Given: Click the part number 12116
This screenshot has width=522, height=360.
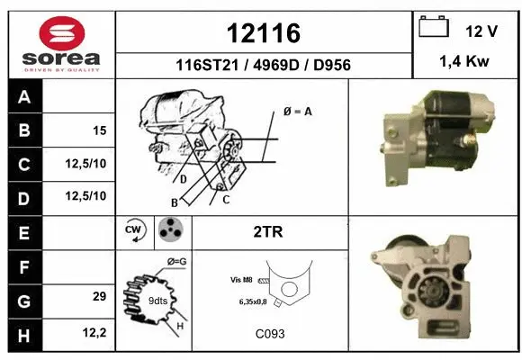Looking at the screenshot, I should [263, 33].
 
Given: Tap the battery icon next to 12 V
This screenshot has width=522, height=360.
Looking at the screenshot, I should [435, 29].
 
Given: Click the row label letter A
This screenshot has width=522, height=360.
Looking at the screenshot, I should [24, 97].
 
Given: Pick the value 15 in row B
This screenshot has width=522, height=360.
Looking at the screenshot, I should [99, 130].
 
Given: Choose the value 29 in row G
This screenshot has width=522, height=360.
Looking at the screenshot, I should [99, 296].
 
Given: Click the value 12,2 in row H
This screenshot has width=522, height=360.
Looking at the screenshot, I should [94, 333].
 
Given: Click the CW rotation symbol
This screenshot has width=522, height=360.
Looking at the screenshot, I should [135, 231].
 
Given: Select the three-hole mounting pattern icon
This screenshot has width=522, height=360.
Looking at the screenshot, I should [170, 231].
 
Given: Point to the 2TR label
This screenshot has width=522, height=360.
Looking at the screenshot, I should [268, 232].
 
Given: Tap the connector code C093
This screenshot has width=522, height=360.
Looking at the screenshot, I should [269, 334].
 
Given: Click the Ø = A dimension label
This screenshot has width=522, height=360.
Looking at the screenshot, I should [297, 112].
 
